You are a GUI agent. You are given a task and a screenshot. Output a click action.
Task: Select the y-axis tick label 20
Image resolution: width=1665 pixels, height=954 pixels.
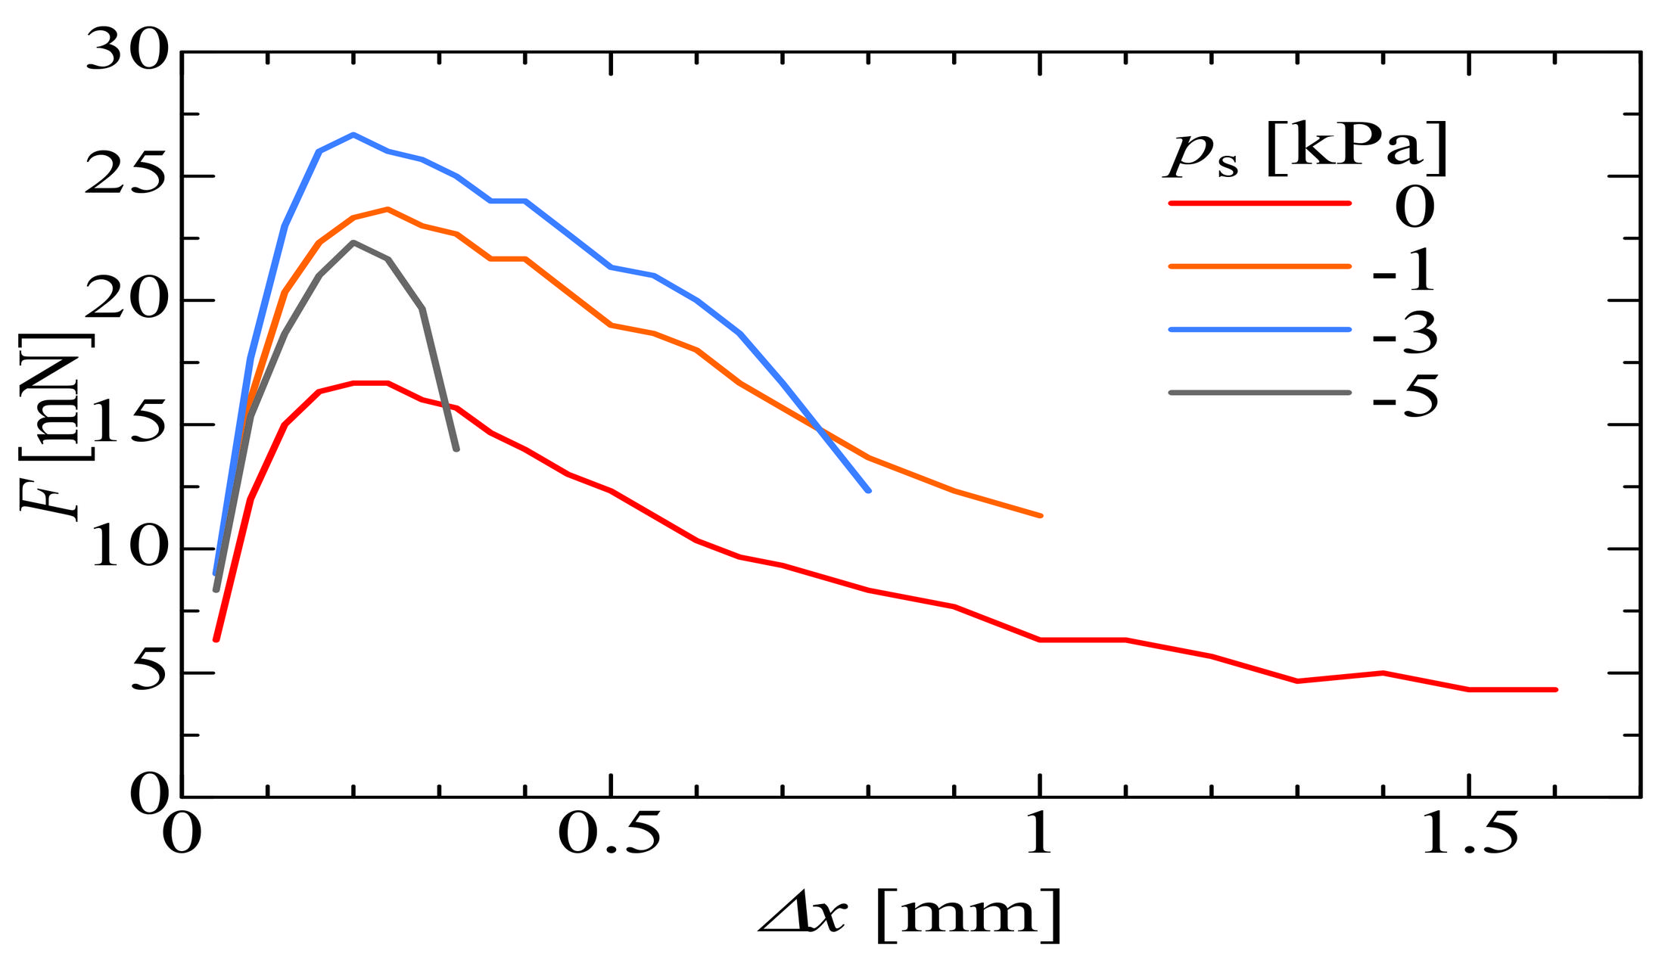point(126,300)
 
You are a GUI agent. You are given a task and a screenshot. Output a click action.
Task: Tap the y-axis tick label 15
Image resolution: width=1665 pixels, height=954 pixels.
point(126,424)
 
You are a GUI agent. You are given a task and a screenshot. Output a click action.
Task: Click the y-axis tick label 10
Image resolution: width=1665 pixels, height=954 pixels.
point(126,548)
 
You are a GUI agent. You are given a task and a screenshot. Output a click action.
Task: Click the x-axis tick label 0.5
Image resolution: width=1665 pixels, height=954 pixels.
point(609,834)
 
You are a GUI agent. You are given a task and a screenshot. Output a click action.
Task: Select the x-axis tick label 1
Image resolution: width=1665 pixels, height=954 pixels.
point(1039,834)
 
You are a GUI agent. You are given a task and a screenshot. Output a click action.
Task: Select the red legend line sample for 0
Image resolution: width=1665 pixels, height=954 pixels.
point(1259,203)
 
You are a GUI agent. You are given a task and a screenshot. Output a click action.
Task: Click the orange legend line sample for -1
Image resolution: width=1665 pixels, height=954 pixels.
point(1259,266)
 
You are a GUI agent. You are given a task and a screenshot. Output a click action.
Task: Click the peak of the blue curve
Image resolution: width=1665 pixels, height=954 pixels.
point(353,135)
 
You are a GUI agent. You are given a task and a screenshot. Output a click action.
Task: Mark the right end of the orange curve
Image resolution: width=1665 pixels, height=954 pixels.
point(1041,515)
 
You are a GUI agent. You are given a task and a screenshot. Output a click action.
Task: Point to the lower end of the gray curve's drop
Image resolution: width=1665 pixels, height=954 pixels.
point(456,449)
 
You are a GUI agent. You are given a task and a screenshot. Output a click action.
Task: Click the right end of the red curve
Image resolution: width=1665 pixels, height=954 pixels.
point(1555,689)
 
